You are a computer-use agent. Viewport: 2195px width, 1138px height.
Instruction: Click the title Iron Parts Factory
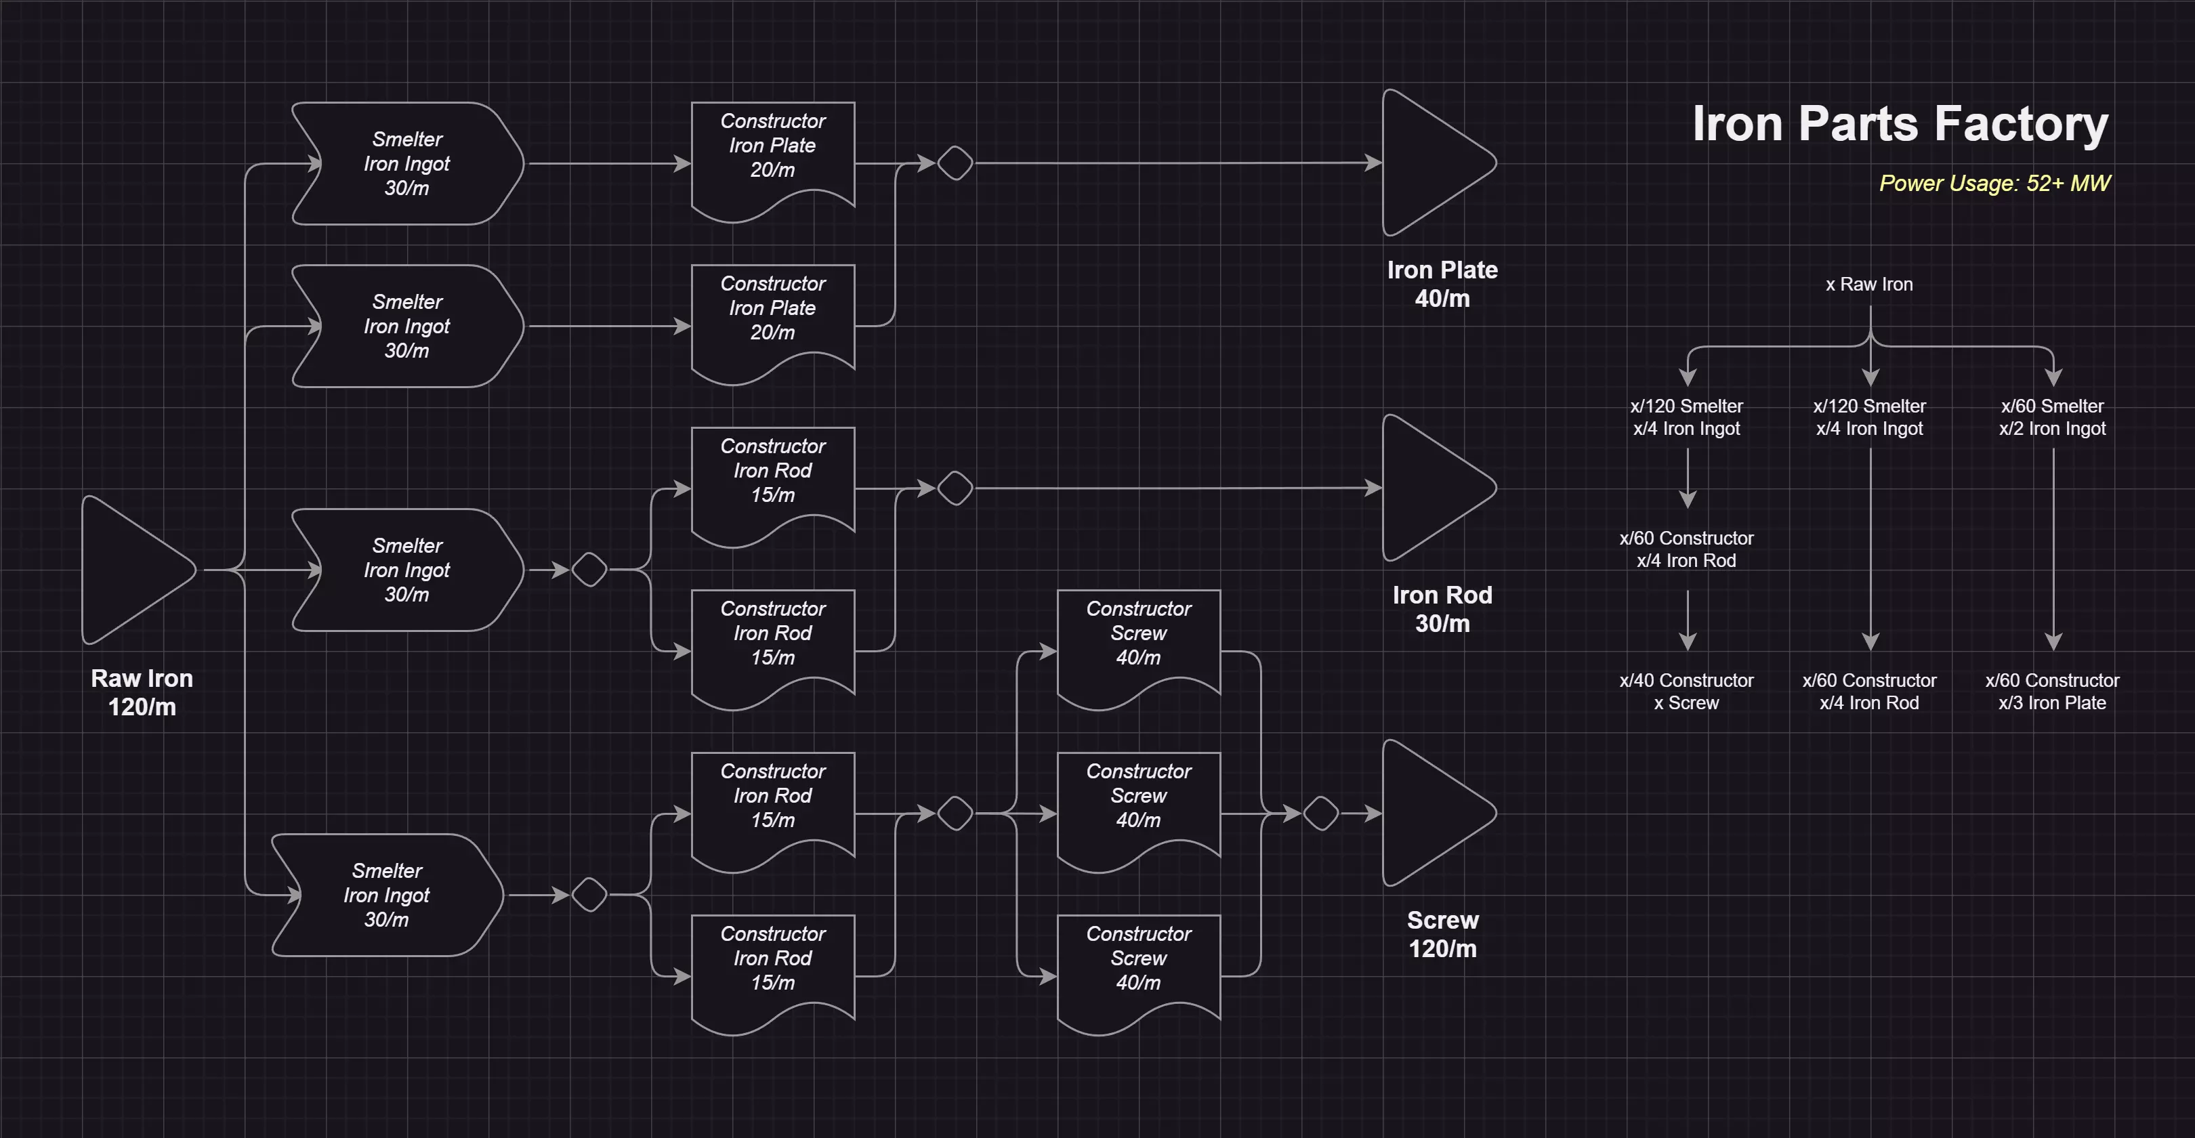click(1900, 125)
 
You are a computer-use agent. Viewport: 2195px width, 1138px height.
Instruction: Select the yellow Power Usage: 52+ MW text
click(1994, 183)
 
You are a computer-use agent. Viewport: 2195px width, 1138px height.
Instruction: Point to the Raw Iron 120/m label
click(142, 692)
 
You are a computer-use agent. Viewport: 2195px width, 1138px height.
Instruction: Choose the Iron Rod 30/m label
click(1442, 609)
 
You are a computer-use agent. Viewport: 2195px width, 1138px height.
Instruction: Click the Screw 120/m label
click(1442, 934)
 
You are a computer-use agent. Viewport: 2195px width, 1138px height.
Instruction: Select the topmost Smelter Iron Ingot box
click(407, 163)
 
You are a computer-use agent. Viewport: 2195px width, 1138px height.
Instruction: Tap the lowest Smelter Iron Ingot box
click(387, 895)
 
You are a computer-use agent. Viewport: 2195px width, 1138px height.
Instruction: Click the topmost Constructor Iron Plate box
click(773, 153)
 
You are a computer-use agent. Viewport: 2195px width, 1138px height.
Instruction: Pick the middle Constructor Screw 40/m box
click(1138, 804)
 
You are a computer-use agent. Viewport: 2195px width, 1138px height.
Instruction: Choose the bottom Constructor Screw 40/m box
click(1138, 967)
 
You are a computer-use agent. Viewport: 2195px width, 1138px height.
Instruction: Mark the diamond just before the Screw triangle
click(1321, 814)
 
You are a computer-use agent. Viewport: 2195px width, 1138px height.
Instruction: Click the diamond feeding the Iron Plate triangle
click(955, 163)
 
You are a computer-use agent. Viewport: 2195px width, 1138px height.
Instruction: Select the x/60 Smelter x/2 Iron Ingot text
click(2052, 417)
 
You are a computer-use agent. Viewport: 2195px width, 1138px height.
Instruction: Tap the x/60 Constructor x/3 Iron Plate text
click(2052, 692)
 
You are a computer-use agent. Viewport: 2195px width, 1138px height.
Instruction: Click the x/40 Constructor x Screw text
click(1686, 692)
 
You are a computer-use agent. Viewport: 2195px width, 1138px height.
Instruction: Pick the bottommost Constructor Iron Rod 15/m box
click(773, 967)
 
